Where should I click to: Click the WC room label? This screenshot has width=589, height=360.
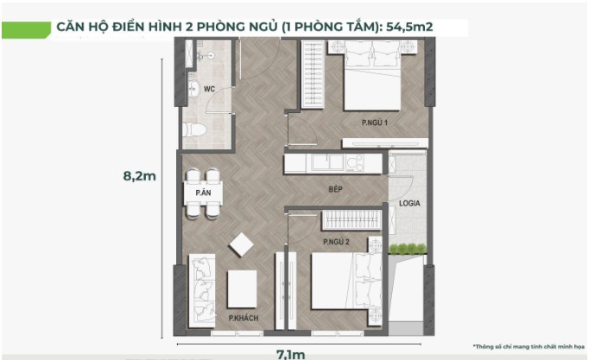(209, 89)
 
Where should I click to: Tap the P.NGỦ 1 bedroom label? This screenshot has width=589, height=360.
(375, 123)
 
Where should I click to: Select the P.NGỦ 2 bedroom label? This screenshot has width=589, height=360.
(336, 242)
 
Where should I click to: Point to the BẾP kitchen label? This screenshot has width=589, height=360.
(335, 189)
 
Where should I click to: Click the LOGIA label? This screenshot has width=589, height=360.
(409, 203)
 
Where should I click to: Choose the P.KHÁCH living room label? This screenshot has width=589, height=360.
(244, 318)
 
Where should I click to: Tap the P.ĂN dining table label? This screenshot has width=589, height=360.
(203, 193)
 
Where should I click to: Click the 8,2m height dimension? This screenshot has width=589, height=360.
(139, 175)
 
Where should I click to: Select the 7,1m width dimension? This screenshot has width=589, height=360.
(291, 354)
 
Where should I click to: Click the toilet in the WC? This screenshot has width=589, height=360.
(194, 129)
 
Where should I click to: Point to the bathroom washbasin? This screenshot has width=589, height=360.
(193, 89)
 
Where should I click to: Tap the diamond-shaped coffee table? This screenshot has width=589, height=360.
(241, 244)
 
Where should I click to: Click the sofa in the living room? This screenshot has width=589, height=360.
(202, 291)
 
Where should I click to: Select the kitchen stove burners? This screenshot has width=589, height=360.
(355, 163)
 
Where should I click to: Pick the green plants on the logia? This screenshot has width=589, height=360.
(408, 249)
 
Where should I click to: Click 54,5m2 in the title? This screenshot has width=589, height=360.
(409, 27)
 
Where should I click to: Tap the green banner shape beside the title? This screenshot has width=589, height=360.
(26, 30)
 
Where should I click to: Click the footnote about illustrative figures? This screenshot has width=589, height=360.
(529, 346)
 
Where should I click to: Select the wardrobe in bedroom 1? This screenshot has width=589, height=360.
(313, 74)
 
